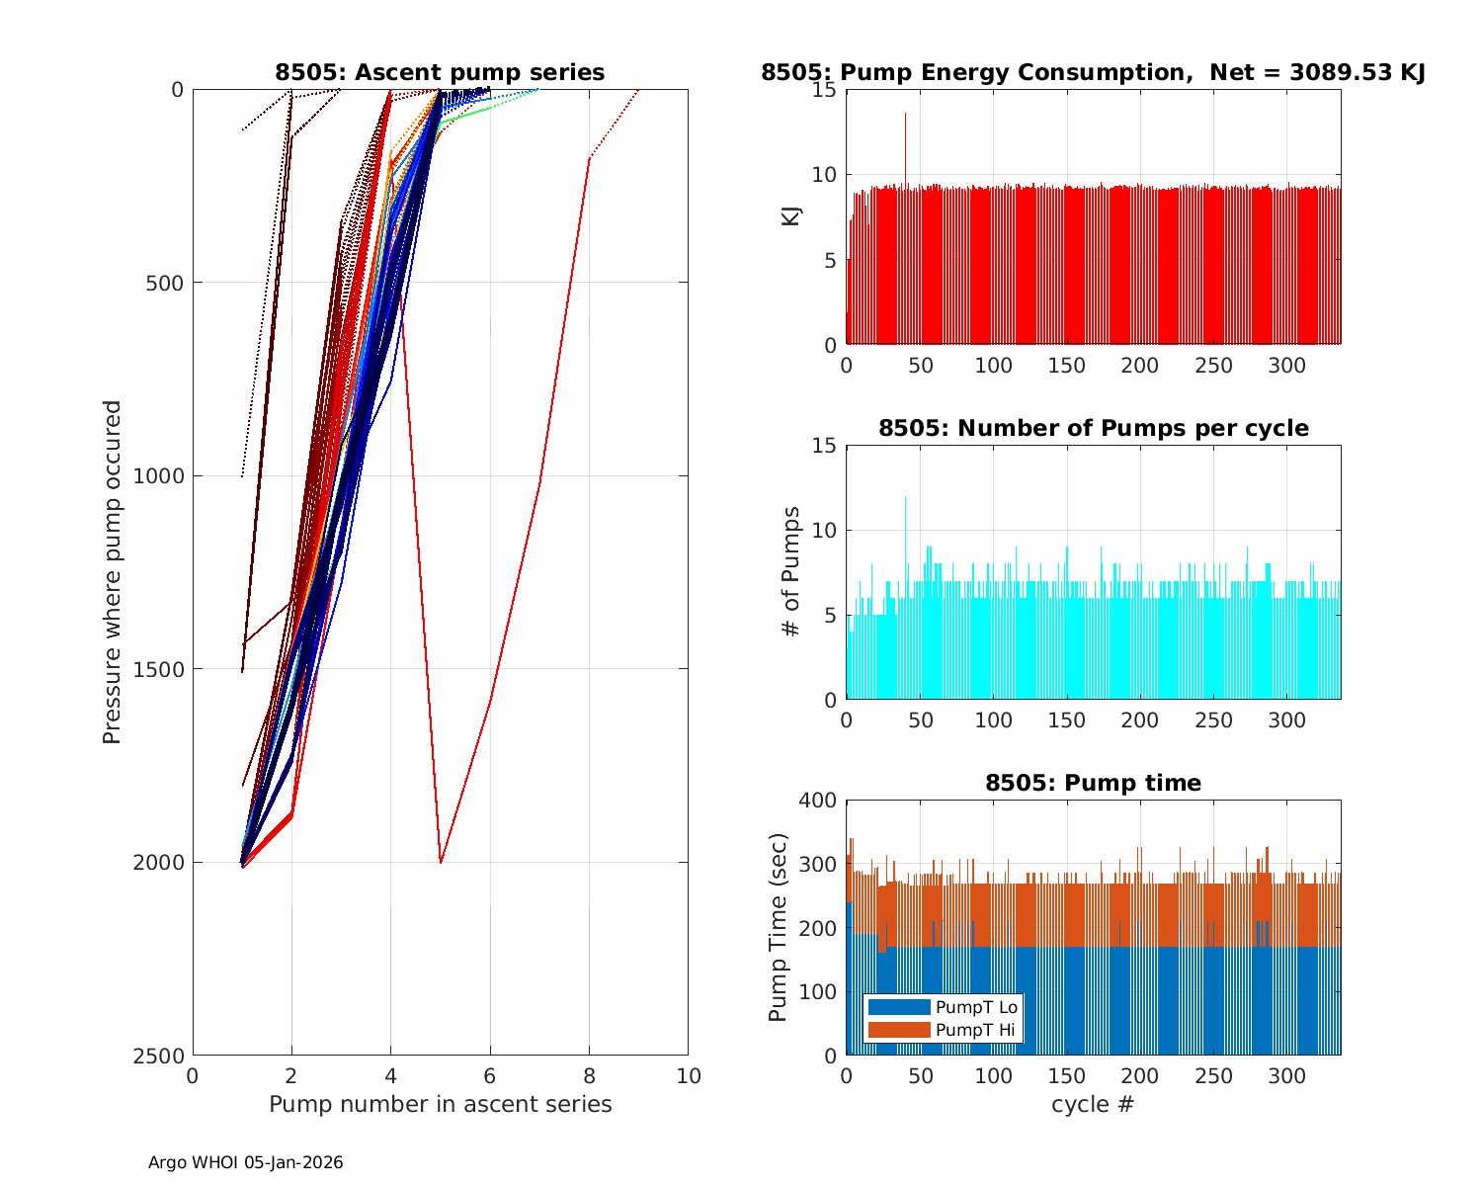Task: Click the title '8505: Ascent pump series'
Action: click(440, 72)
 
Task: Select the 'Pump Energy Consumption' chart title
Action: click(1092, 72)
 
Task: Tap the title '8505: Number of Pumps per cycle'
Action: click(1093, 428)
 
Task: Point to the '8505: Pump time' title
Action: click(1093, 783)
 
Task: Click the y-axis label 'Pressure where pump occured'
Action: click(113, 571)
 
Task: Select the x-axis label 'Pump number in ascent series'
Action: click(440, 1104)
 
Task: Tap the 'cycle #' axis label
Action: click(1093, 1104)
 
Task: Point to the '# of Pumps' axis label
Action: click(791, 571)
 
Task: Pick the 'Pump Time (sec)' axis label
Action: click(779, 927)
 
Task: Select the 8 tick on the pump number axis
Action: click(589, 1075)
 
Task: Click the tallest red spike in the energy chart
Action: click(905, 115)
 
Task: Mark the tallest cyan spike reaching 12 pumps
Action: click(905, 498)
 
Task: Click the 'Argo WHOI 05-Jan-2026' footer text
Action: click(246, 1162)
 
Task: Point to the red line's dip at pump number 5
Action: click(441, 861)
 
